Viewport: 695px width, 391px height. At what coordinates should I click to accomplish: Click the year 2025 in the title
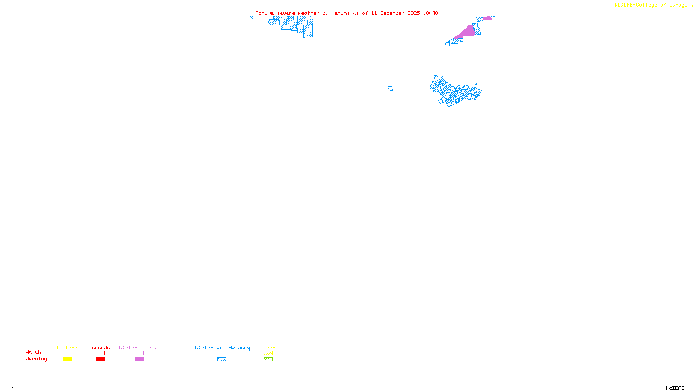[414, 13]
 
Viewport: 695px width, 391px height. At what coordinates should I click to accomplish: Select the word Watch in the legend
[33, 352]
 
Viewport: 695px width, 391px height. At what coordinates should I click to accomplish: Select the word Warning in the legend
[36, 359]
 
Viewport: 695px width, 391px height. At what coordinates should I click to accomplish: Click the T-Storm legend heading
[67, 348]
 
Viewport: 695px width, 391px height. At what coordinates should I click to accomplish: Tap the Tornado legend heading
[99, 348]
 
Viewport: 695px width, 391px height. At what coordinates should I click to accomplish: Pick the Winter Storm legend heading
[137, 348]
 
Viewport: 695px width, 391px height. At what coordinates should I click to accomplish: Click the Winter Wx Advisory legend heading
[222, 348]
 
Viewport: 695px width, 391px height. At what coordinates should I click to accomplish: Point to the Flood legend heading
[268, 348]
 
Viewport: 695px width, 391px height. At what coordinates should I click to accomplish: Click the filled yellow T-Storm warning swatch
[67, 359]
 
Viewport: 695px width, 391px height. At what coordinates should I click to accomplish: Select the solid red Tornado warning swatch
[100, 359]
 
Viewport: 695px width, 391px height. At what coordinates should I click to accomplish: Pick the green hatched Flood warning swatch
[268, 359]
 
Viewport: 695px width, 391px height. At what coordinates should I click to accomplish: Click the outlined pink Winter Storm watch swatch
[139, 353]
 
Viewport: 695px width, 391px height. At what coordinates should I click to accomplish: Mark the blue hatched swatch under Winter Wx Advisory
[222, 359]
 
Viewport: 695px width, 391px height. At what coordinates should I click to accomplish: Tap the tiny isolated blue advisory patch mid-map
[391, 89]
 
